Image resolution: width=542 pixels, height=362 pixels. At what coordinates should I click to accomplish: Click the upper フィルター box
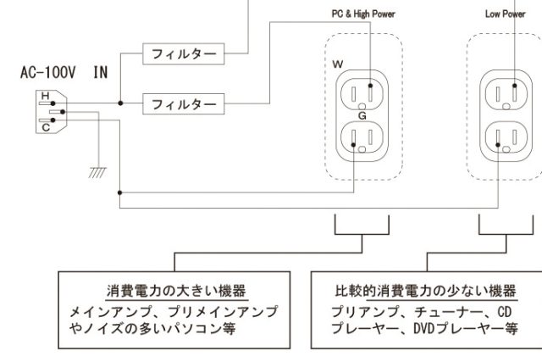pos(184,53)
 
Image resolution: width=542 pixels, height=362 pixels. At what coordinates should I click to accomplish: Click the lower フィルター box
pos(184,104)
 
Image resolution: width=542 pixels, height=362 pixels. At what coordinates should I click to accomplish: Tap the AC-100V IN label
pos(64,74)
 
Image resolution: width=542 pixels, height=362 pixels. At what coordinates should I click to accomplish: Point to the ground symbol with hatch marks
pos(98,173)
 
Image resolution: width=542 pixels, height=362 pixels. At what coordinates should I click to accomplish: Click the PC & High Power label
pos(362,14)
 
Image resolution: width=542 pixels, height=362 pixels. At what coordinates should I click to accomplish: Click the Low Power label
pos(506,14)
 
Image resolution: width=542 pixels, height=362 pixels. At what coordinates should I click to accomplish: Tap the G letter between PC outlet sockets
pos(362,114)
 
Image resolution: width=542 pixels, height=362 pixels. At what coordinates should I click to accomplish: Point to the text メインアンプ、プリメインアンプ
pos(174,312)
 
